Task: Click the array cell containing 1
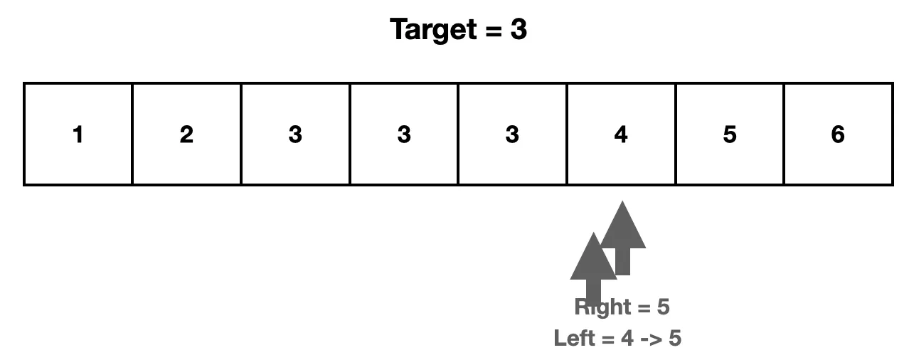click(x=78, y=134)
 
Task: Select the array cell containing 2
click(x=186, y=134)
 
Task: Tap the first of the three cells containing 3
click(x=295, y=134)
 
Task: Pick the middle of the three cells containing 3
click(x=404, y=134)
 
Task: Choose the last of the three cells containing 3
click(x=512, y=134)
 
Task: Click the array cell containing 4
click(x=621, y=134)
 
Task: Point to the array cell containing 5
click(x=730, y=134)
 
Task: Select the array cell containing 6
click(x=838, y=134)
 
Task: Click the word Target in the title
click(x=434, y=31)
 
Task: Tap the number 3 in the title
click(x=518, y=31)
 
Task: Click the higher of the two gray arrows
click(x=624, y=231)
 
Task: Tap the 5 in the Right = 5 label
click(x=663, y=307)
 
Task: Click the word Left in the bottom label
click(x=575, y=338)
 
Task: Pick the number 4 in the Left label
click(x=627, y=338)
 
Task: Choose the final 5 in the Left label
click(x=674, y=338)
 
